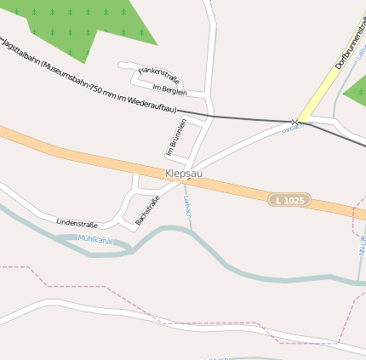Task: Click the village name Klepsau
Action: [184, 173]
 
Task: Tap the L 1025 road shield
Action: [289, 200]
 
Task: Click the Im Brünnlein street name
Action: [176, 137]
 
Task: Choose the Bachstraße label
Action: [147, 211]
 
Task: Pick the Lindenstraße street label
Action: [77, 223]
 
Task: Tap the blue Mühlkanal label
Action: [95, 241]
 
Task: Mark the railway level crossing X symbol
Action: [295, 122]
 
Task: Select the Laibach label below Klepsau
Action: [186, 207]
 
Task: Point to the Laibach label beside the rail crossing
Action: [292, 129]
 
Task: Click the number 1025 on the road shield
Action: [294, 200]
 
